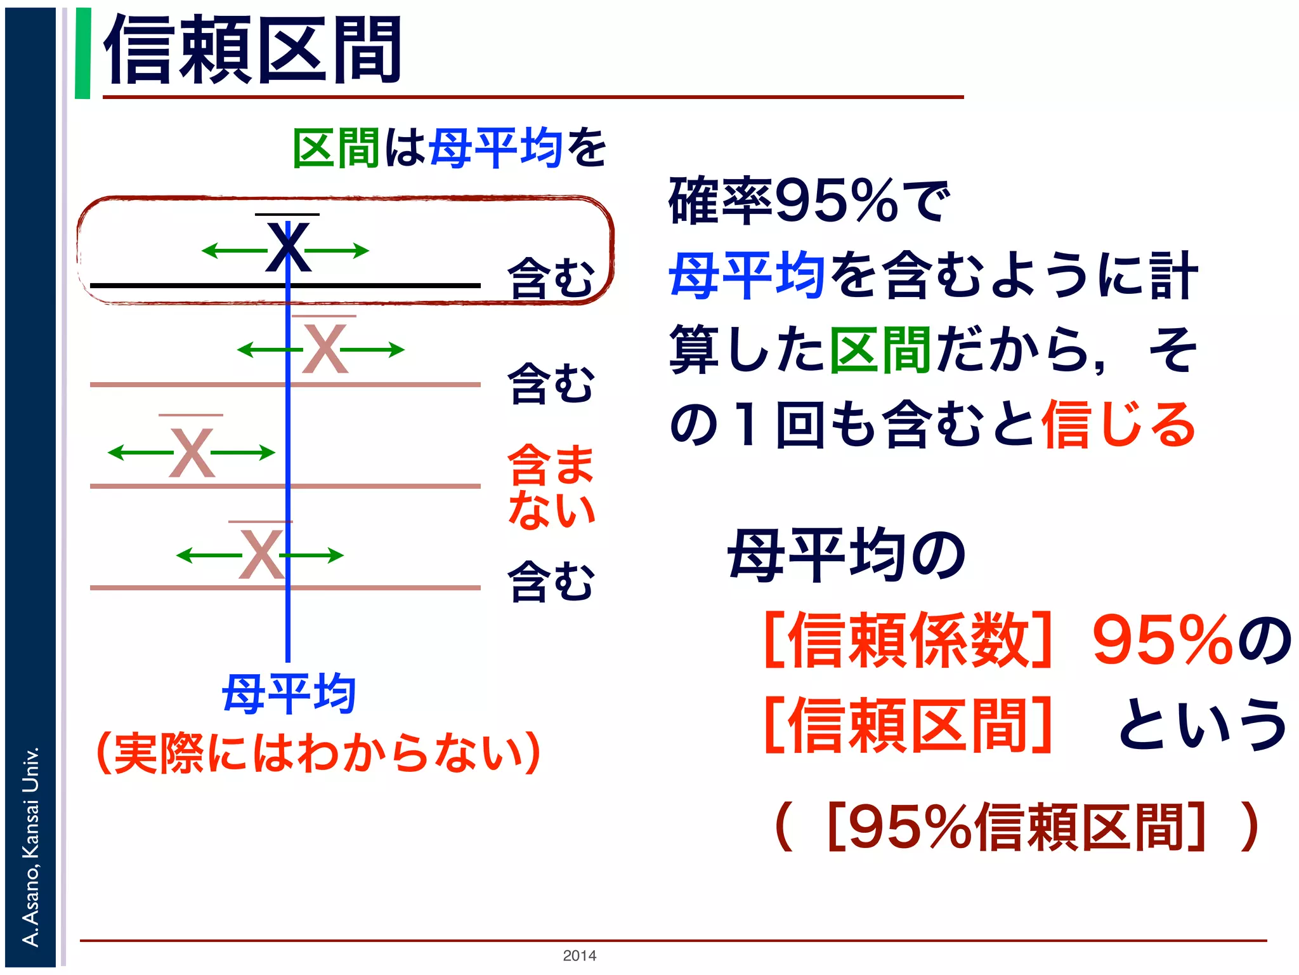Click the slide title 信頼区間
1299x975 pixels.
click(x=252, y=51)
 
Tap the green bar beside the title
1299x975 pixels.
click(x=82, y=53)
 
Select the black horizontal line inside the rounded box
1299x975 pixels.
click(x=190, y=286)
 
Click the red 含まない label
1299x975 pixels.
click(x=551, y=486)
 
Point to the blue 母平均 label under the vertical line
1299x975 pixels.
click(x=289, y=694)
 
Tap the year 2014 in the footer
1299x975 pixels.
click(x=579, y=955)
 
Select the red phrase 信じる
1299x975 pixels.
click(x=1119, y=424)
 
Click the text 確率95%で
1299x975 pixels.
click(x=809, y=202)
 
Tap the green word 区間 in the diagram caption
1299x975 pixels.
click(x=336, y=148)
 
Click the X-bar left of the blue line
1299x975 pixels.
click(x=192, y=452)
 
